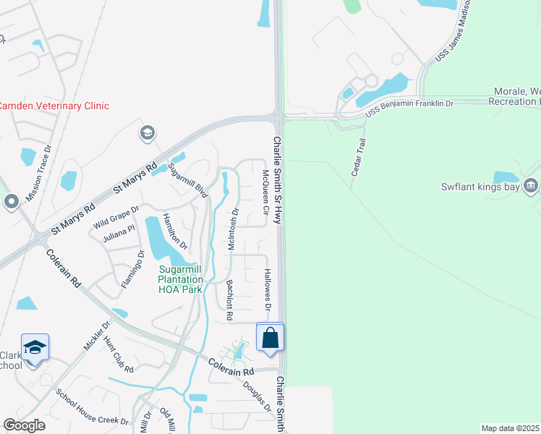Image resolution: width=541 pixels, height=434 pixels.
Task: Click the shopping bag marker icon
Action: (270, 338)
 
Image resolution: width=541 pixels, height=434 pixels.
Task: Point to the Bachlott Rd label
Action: (229, 300)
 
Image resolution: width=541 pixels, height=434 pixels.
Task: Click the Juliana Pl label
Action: (119, 232)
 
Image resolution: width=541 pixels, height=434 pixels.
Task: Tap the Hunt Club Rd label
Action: (118, 354)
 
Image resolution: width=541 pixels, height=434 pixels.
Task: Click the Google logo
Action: (25, 425)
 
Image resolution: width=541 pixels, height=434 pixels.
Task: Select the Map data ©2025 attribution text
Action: (509, 428)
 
